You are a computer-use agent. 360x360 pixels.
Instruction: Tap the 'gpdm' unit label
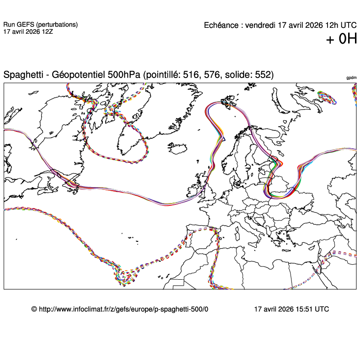point(351,78)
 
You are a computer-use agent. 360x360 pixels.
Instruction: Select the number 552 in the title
point(263,75)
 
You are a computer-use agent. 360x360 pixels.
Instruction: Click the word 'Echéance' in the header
point(222,25)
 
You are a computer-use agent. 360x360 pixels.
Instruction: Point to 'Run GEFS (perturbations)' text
point(40,25)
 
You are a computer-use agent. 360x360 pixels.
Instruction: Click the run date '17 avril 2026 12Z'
point(28,32)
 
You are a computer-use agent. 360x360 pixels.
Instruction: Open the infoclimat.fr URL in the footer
point(123,309)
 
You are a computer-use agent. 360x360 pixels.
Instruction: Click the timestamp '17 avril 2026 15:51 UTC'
point(291,309)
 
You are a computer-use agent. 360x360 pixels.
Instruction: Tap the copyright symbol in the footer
point(34,309)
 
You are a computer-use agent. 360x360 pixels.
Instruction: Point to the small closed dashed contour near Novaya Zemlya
point(326,97)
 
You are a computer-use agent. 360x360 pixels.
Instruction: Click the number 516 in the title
point(191,75)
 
